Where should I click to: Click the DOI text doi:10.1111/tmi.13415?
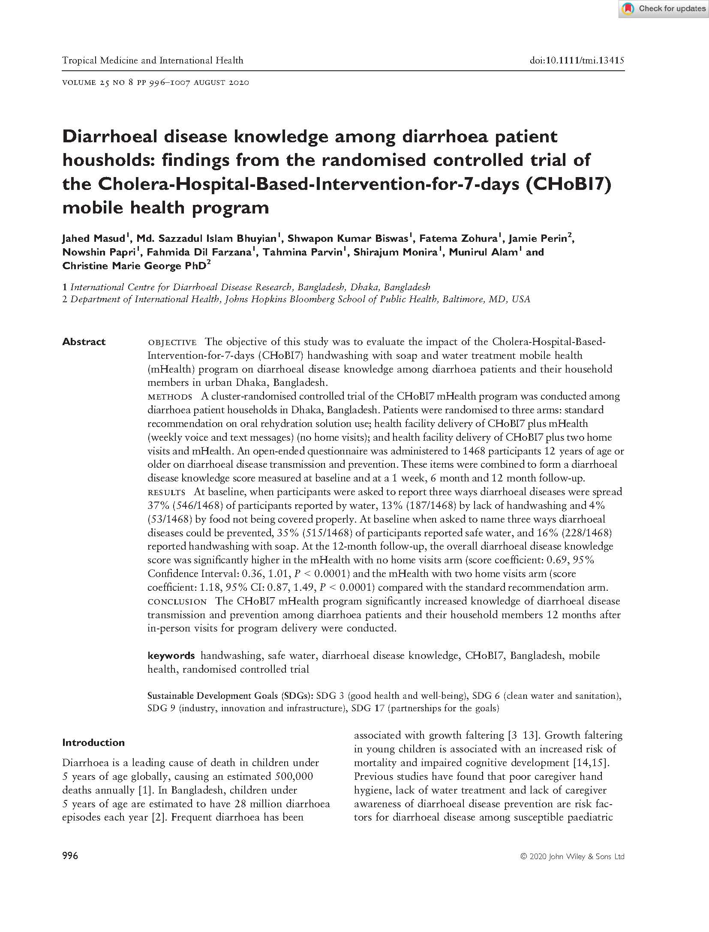click(x=577, y=60)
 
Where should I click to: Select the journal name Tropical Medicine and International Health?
click(x=153, y=60)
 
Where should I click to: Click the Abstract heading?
click(x=84, y=342)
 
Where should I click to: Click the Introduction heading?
click(x=93, y=743)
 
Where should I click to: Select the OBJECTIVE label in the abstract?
click(x=172, y=342)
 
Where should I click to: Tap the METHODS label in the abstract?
click(x=169, y=397)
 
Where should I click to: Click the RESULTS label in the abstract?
click(x=166, y=492)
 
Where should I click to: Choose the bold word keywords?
click(x=171, y=656)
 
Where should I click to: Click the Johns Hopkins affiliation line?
click(x=296, y=299)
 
